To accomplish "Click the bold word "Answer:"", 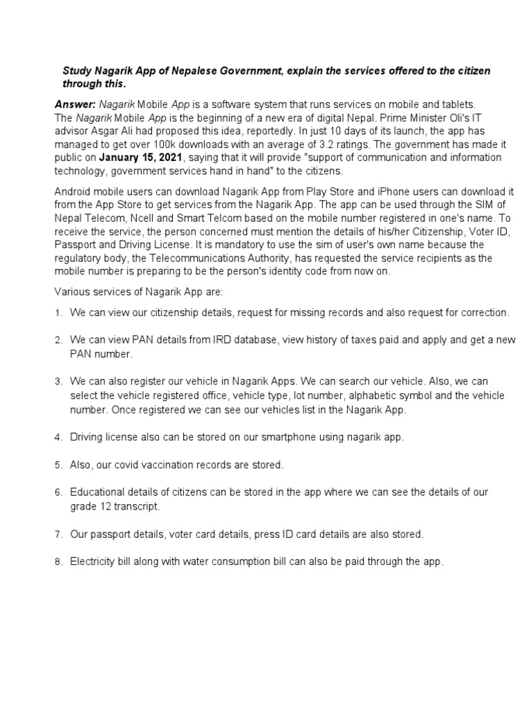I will (x=75, y=104).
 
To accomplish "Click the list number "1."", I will (x=59, y=313).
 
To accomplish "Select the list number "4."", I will (x=59, y=438).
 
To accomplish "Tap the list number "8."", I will (x=59, y=562).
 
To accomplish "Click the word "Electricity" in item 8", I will (x=93, y=562).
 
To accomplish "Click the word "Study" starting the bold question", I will (x=77, y=72).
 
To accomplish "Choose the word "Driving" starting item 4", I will (x=86, y=438).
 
